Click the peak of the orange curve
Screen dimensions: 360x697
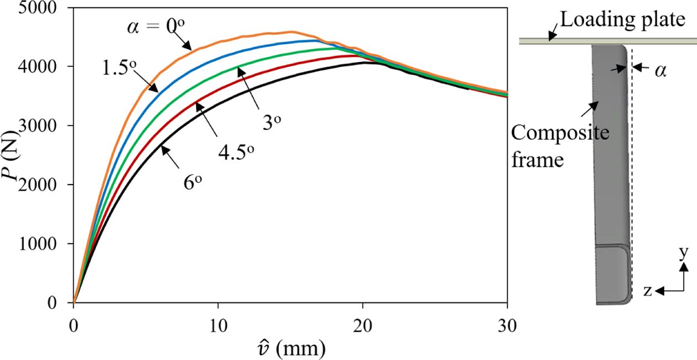[x=292, y=32]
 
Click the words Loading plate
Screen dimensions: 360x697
[x=622, y=20]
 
